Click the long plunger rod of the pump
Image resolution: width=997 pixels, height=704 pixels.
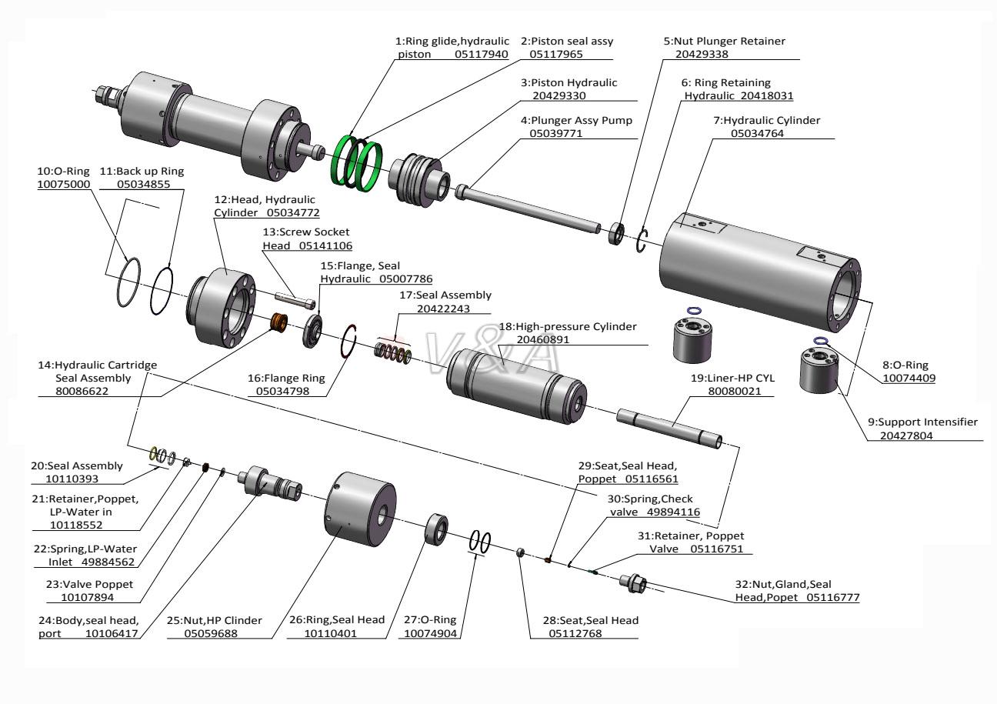click(531, 205)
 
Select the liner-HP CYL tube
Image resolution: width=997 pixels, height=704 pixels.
click(669, 426)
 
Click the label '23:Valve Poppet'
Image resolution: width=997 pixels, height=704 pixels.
click(85, 584)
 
